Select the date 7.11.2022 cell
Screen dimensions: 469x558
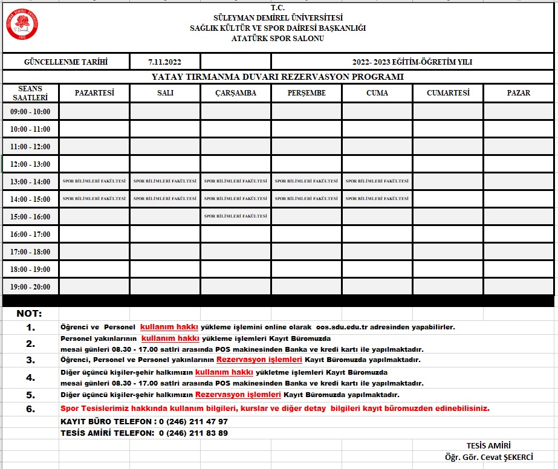coord(164,62)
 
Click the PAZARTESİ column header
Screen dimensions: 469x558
coord(94,93)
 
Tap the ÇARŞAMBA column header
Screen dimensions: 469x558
coord(236,93)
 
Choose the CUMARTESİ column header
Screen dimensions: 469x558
coord(448,93)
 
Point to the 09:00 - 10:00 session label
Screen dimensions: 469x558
coord(30,112)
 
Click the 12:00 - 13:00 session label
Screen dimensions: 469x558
coord(30,164)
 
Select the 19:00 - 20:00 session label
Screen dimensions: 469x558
coord(30,287)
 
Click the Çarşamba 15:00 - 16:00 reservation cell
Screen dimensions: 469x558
coord(236,216)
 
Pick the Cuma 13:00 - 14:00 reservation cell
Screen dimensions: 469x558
coord(377,181)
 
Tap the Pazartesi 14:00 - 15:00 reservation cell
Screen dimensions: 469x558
coord(94,199)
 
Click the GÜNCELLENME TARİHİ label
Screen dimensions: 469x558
coord(65,62)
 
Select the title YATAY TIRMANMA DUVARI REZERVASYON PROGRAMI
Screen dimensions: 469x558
coord(277,77)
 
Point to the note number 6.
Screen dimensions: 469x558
coord(31,409)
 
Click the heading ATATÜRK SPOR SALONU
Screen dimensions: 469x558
coord(277,39)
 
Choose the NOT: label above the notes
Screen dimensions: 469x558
coord(30,314)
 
